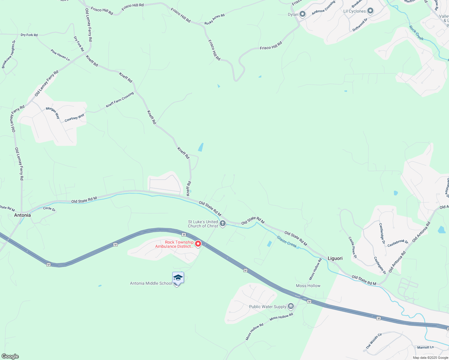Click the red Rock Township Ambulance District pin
198,244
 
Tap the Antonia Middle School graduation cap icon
178,278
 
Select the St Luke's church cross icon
223,223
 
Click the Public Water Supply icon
291,306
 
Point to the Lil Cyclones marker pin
370,11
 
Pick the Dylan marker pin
303,14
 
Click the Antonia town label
23,215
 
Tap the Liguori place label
335,258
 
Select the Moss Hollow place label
308,286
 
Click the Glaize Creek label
287,241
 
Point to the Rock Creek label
417,33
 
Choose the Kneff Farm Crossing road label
120,100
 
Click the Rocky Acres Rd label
215,19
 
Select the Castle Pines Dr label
353,247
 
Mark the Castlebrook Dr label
398,243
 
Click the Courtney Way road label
74,118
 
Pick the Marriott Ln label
425,347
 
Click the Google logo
10,356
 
